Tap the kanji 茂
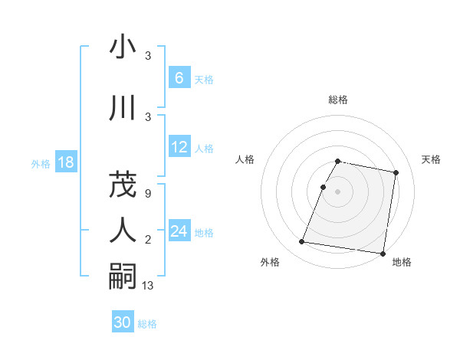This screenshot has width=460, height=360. (x=123, y=183)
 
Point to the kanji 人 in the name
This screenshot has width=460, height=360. (x=123, y=229)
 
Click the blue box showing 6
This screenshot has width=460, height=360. (x=179, y=77)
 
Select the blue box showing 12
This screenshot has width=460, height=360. (x=179, y=147)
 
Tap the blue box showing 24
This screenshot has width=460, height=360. (x=179, y=231)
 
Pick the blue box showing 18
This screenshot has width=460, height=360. (x=65, y=162)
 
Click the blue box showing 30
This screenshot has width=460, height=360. (x=123, y=322)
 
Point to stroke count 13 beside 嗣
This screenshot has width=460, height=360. (x=148, y=286)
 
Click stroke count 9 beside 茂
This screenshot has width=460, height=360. (x=147, y=193)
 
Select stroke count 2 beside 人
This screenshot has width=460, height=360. (x=147, y=241)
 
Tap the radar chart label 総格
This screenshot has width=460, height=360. (x=338, y=100)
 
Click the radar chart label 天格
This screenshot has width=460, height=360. (x=432, y=159)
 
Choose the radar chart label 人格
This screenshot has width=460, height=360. (x=245, y=159)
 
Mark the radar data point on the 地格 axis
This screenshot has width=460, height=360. (x=383, y=253)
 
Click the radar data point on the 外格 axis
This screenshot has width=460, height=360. (x=302, y=242)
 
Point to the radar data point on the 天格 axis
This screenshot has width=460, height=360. (x=396, y=173)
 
